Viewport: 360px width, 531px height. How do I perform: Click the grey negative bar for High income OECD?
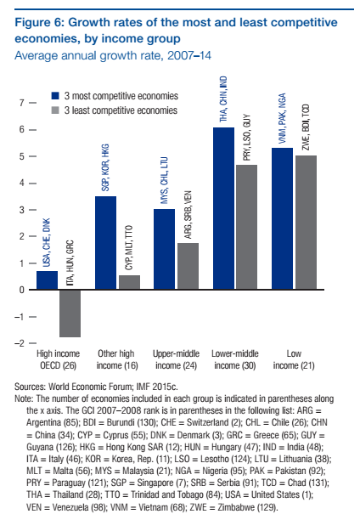pos(70,314)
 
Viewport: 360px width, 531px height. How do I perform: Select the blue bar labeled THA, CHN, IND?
pos(223,208)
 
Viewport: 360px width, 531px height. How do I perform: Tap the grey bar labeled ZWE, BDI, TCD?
pos(307,223)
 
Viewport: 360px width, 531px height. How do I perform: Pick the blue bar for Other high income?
pos(106,243)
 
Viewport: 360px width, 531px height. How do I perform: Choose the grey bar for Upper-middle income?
pos(188,266)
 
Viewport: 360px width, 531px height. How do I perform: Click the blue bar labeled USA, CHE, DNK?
pos(47,280)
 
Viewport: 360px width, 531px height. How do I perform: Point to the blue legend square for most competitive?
pos(55,96)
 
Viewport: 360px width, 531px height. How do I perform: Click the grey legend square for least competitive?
pos(55,110)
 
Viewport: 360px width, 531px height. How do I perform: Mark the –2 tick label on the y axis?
pos(20,343)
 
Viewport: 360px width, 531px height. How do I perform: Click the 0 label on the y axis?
pos(22,291)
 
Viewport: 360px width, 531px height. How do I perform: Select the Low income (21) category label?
pos(294,359)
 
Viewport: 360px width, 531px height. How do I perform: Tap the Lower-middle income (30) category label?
pos(235,359)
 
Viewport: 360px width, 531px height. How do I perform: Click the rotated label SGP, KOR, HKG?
pos(105,167)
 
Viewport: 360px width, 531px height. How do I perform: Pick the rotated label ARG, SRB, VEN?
pos(188,215)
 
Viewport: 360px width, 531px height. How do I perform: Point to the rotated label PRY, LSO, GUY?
pos(247,137)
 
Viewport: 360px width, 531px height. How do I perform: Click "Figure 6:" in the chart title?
pos(40,23)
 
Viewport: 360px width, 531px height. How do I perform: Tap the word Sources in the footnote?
pos(30,387)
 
